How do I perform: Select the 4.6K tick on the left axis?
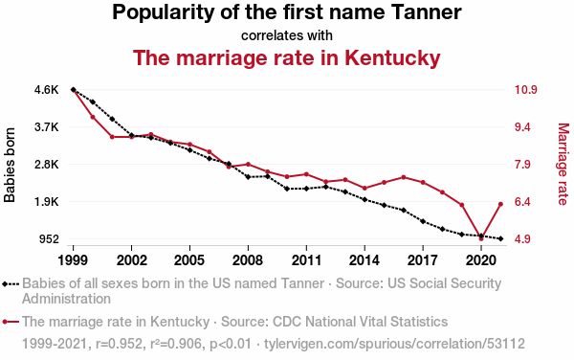click(47, 90)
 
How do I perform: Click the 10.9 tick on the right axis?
click(525, 90)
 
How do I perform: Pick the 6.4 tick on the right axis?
click(522, 202)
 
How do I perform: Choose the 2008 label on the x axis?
click(248, 260)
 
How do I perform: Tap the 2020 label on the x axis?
click(481, 260)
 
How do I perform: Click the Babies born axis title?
click(10, 165)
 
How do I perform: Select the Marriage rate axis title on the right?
click(563, 164)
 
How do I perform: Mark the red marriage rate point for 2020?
click(481, 238)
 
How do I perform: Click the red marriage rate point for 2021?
click(500, 204)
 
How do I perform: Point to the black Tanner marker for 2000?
click(93, 101)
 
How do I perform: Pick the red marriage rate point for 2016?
click(404, 177)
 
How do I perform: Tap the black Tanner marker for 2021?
click(500, 238)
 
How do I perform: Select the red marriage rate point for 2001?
click(112, 137)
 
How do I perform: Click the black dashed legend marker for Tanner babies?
click(11, 283)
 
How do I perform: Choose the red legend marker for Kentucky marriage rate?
click(11, 322)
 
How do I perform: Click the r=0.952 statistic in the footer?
click(119, 344)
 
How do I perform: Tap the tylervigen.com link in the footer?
click(394, 344)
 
